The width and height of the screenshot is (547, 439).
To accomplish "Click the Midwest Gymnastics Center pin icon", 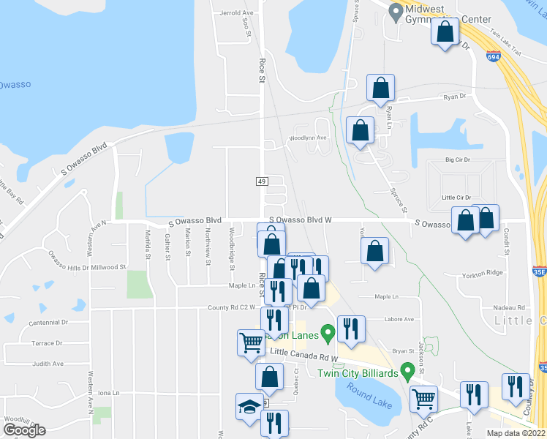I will pos(396,12).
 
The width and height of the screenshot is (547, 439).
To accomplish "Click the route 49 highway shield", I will pos(260,180).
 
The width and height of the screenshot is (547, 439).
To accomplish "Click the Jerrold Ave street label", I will pos(236,13).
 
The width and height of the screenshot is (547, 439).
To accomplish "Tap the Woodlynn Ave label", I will pos(308,138).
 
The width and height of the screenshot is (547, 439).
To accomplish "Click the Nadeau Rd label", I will pos(510,308).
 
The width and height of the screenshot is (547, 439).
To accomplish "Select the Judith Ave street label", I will pos(48,364).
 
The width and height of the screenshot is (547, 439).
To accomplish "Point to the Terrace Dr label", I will pos(48,342).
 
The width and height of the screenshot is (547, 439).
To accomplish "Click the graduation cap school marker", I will pos(249,405).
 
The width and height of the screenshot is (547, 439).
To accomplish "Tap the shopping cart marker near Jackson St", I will pos(424,398).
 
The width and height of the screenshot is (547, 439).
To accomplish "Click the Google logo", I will pos(24,430).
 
